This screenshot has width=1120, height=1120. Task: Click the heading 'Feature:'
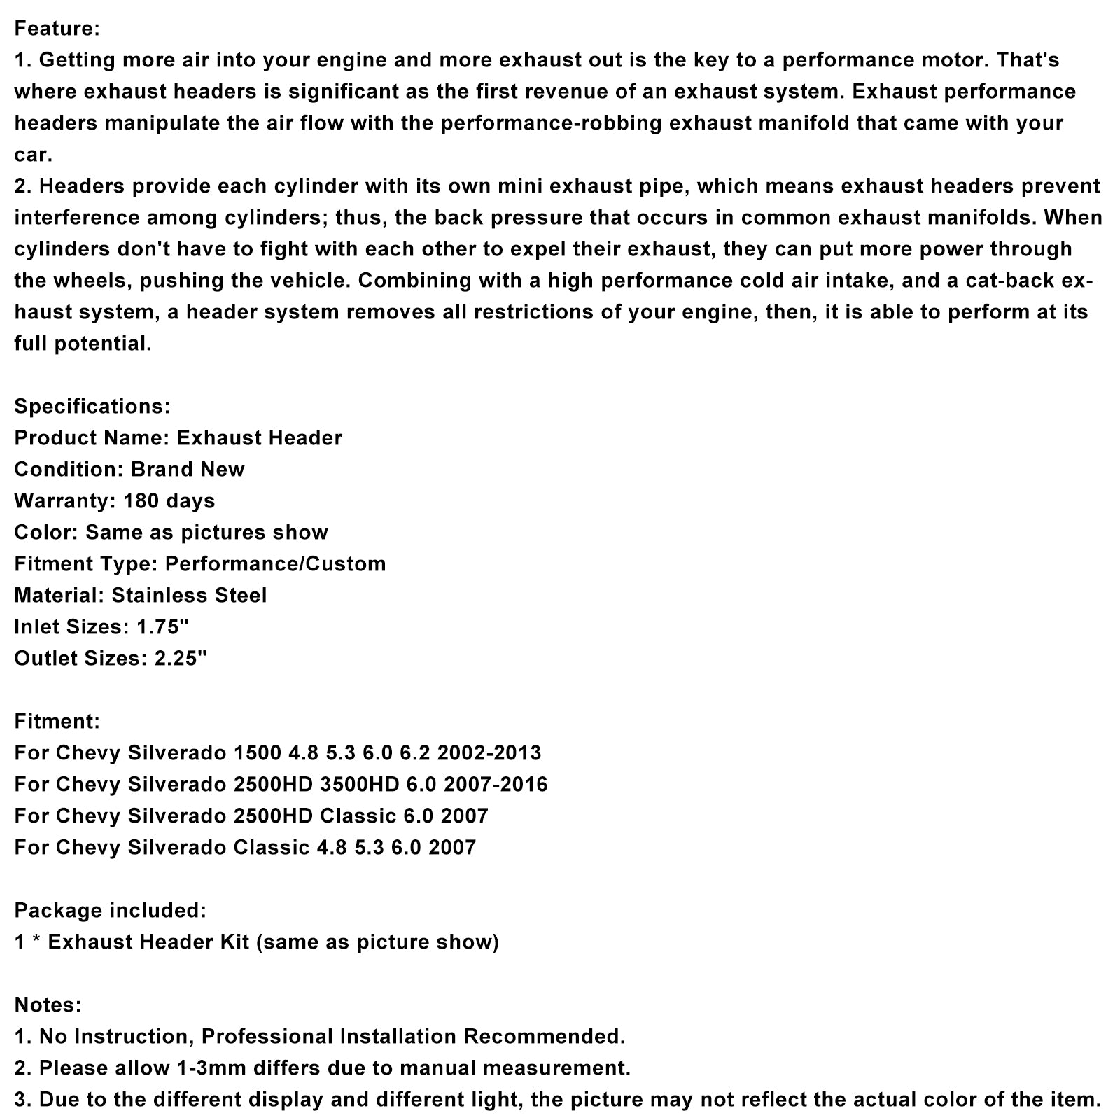point(57,29)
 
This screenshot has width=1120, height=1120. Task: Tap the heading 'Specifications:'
point(92,407)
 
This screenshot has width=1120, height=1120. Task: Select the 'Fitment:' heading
point(57,722)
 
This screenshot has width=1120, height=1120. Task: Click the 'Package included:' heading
point(111,911)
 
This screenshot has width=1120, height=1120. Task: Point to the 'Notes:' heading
point(48,1005)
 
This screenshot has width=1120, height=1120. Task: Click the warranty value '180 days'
point(169,501)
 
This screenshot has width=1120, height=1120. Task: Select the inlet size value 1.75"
point(160,627)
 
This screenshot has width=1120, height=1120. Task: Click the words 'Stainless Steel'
point(189,596)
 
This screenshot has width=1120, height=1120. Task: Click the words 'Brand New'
point(188,470)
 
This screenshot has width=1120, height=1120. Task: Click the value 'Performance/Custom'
point(275,564)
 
